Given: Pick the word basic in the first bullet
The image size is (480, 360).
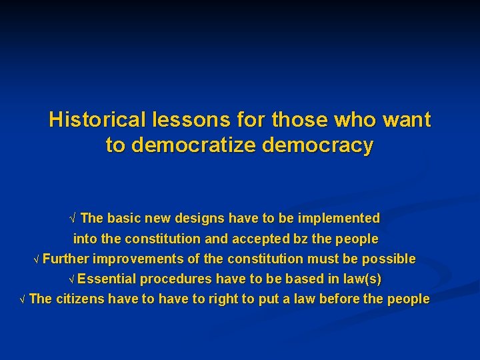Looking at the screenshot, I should coord(120,218).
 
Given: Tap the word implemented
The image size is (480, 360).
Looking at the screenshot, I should coord(338,218).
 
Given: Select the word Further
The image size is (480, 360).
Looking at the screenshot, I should coord(66,259).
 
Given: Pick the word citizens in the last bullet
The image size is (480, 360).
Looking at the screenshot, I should coord(80,299).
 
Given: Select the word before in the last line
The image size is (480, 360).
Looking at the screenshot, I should coord(339,299).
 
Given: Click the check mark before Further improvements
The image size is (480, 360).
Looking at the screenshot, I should coord(37,259).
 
